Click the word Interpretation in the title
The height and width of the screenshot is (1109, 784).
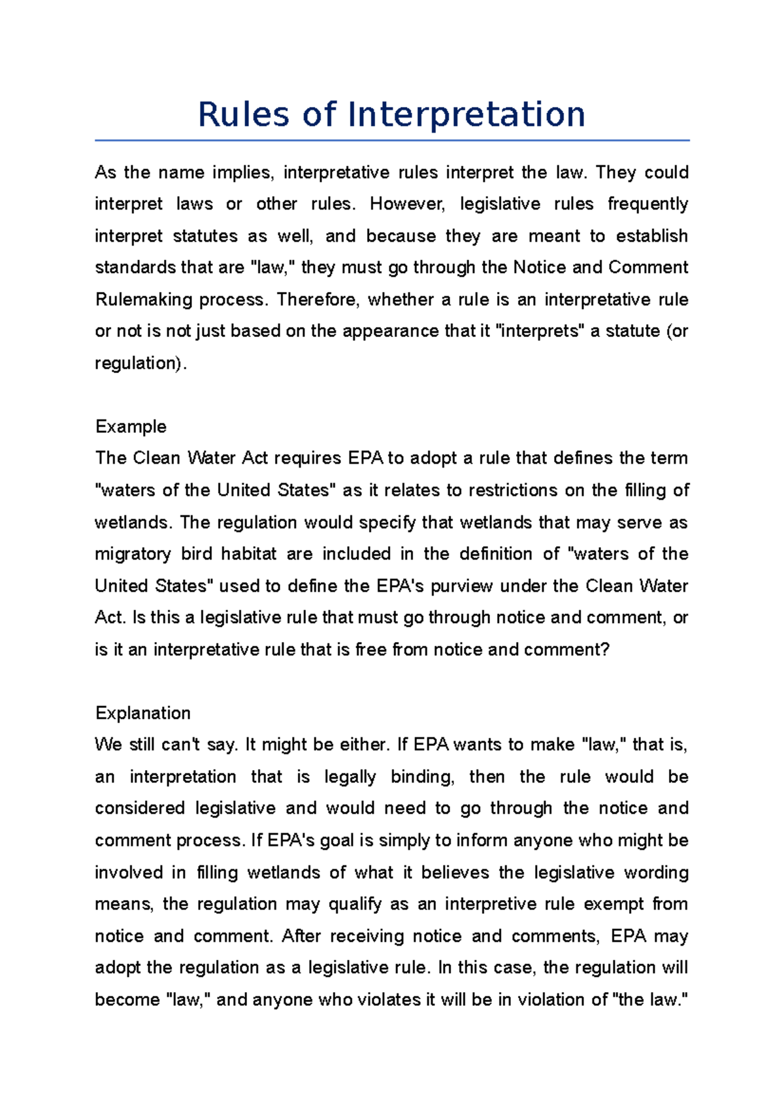tap(466, 115)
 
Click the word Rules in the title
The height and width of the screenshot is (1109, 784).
tap(243, 115)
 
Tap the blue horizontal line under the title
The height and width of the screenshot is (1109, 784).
tap(392, 140)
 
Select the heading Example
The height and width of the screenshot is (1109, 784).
tap(131, 426)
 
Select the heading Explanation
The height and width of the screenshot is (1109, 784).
tap(142, 713)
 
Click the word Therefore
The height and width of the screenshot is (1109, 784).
tap(318, 300)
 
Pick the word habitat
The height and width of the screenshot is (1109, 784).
tap(248, 554)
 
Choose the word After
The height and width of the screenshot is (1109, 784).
tap(301, 936)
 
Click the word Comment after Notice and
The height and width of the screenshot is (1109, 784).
tap(648, 268)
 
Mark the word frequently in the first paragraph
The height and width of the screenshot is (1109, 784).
tap(647, 204)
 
